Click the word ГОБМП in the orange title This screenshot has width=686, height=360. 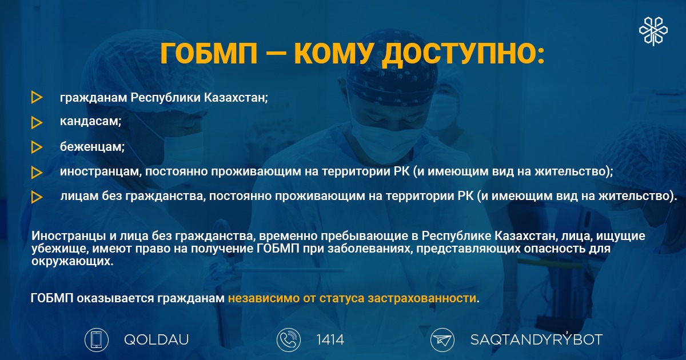209,53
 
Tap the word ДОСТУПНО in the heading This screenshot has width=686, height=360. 463,54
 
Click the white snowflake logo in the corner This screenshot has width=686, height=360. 653,31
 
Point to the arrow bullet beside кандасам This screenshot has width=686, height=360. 37,122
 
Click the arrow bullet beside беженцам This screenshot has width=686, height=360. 37,147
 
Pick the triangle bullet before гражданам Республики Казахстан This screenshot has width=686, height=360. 37,97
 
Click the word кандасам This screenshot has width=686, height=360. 91,121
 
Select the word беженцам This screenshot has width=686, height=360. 92,147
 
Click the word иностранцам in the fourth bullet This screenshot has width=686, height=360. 101,171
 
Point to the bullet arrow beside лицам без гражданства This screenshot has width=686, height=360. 37,197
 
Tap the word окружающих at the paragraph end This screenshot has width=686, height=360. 72,262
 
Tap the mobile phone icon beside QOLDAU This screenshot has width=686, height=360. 97,340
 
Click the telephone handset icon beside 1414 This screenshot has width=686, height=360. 289,340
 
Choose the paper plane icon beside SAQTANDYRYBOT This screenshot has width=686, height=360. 442,340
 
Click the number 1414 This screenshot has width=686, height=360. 330,340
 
